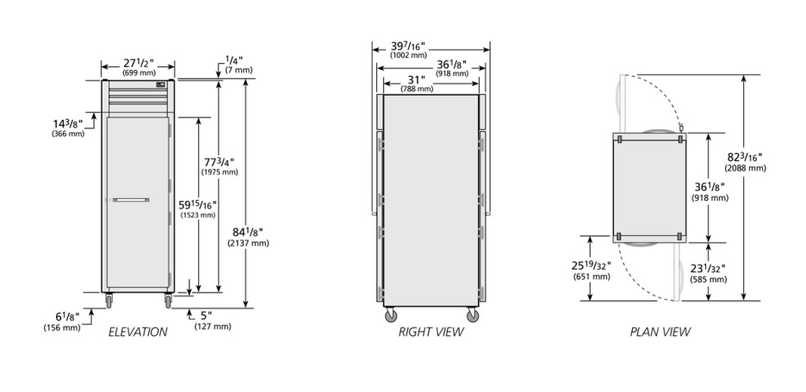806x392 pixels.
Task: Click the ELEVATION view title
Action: tap(138, 333)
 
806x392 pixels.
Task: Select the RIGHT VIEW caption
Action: tap(431, 333)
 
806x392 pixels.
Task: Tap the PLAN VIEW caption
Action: tap(660, 333)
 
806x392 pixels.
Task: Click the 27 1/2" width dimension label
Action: tap(139, 63)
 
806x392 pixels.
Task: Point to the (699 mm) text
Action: tap(139, 73)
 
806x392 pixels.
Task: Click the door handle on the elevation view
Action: tap(131, 200)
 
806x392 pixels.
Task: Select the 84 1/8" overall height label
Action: tap(247, 233)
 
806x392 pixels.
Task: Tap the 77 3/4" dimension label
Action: tap(220, 162)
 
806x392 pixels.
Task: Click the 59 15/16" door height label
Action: tap(197, 205)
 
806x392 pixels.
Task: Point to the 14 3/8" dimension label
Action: tap(67, 123)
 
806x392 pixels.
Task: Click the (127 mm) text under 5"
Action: tap(213, 327)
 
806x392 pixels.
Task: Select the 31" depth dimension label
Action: tap(417, 80)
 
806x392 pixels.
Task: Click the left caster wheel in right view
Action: tap(391, 314)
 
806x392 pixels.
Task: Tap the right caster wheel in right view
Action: tap(473, 314)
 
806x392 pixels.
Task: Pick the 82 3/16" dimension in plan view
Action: tap(746, 158)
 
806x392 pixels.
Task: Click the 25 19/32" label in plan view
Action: tap(591, 266)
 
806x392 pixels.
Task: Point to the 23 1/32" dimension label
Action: tap(709, 269)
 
